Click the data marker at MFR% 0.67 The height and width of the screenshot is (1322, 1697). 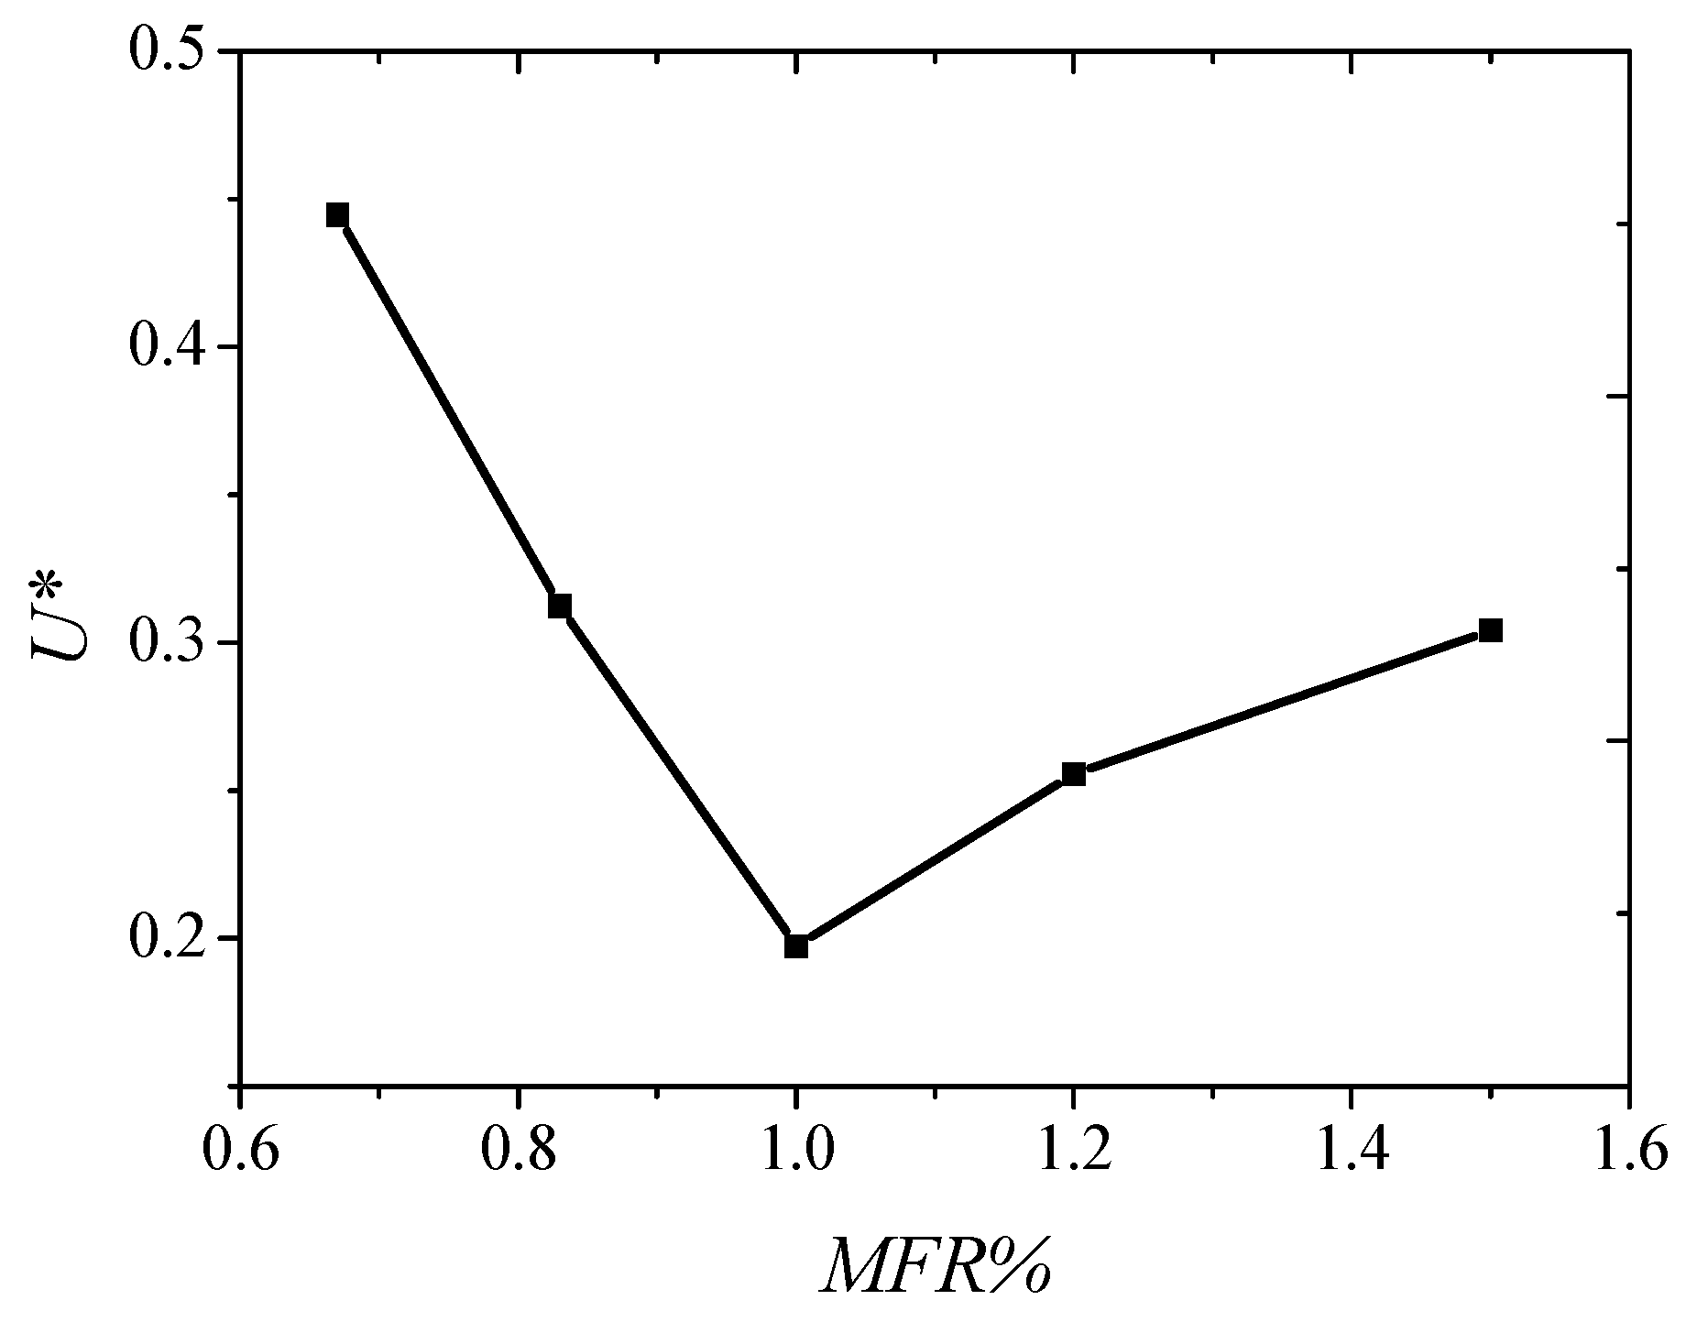[337, 215]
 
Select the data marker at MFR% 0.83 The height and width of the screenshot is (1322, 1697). [560, 606]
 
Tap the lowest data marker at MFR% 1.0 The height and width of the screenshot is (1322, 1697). [796, 946]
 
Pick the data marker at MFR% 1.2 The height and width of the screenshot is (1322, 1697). [1074, 774]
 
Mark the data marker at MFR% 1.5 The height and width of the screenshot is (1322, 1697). [1490, 630]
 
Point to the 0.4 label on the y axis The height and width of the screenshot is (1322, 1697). [166, 346]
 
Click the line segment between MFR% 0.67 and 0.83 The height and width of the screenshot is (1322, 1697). [449, 410]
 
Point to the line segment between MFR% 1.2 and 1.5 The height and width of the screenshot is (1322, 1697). [1282, 703]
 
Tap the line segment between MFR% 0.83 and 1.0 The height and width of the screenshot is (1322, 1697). [678, 776]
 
